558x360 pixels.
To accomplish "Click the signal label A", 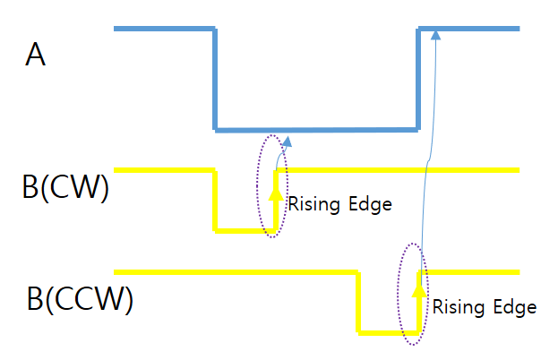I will pos(36,56).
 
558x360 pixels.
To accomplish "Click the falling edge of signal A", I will pos(216,81).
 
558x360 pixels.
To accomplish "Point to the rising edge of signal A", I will pos(419,81).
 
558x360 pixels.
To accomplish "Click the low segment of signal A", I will pos(318,129).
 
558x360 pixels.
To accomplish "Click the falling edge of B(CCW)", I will pos(358,303).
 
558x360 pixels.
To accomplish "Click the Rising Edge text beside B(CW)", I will pos(339,204).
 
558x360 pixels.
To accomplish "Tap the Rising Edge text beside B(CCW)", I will pos(485,307).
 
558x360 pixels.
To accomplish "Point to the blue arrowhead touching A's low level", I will pos(287,141).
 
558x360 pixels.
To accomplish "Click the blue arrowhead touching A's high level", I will pos(435,34).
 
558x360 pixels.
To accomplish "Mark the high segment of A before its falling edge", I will pos(165,30).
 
